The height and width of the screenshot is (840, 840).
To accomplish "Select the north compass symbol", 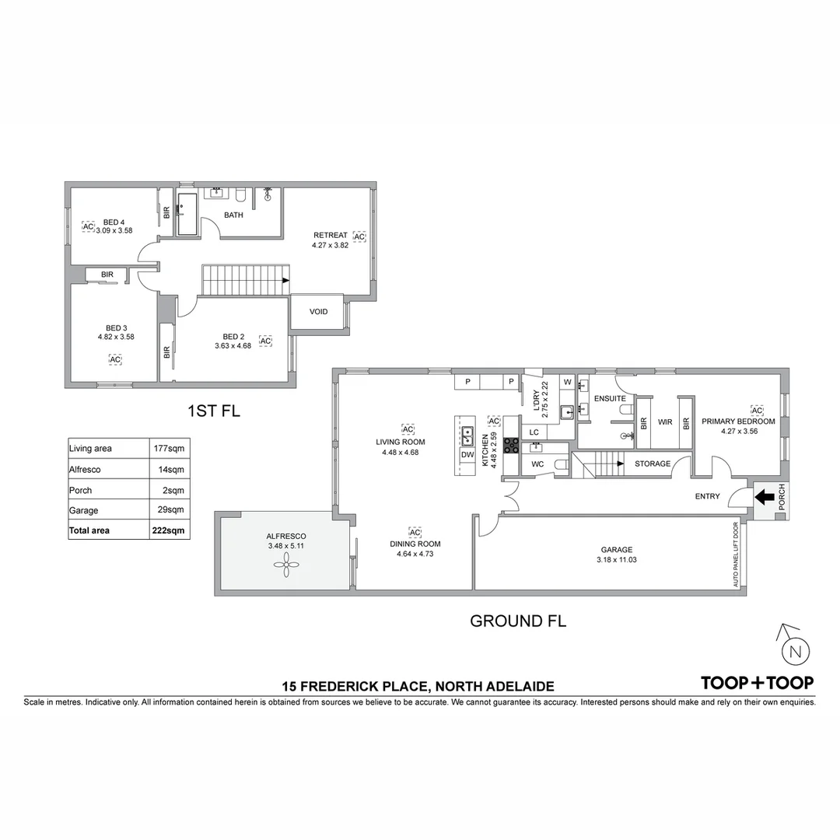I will pos(794,650).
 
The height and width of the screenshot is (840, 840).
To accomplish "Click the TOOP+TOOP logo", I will pos(757,683).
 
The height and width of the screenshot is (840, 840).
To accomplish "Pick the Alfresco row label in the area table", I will pos(85,470).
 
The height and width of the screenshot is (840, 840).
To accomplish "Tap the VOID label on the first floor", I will pos(318,312).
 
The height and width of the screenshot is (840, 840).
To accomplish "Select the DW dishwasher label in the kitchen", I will pos(467,454).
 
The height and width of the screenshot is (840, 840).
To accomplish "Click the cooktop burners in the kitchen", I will pos(512,446).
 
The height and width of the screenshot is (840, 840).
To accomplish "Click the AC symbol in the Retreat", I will pos(359,236).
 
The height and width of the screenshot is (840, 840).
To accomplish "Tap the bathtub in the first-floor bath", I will pos(187,215).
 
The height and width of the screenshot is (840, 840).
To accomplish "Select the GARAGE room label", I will pos(617,549).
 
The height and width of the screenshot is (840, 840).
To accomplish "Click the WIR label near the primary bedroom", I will pos(664,422).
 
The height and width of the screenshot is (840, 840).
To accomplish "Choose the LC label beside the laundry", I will pos(534,432).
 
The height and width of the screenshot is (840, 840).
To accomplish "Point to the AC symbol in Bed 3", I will pos(115,359).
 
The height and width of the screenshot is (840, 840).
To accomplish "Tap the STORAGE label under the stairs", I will pos(652,464).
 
